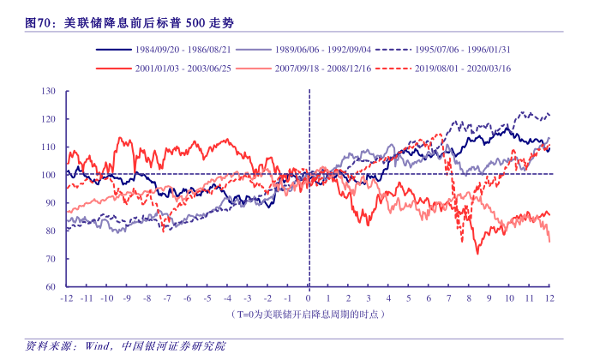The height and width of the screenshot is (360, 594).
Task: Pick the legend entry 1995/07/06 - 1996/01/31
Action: coord(463,51)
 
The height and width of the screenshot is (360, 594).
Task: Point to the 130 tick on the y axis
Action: coord(48,91)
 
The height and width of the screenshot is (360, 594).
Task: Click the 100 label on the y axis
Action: coord(48,175)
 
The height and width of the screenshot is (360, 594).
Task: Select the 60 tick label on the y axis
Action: coord(50,286)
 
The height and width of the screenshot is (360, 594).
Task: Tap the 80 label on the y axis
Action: coord(50,231)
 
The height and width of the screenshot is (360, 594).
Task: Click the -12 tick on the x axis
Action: coord(66,297)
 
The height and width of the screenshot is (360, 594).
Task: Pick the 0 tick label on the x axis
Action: coord(309,297)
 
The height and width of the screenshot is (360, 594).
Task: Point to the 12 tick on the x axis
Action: coord(549,297)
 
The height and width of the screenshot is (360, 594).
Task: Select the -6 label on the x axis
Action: coord(187,297)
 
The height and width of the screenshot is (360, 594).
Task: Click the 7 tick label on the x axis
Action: coord(449,297)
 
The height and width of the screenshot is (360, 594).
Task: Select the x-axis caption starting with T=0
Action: coord(309,315)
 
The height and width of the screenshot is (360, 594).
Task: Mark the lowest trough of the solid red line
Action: coord(477,254)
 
